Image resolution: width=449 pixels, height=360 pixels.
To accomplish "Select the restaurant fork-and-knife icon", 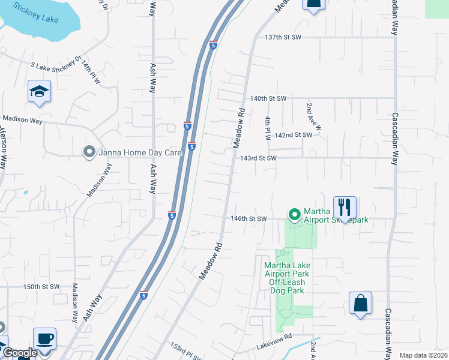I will [345, 208].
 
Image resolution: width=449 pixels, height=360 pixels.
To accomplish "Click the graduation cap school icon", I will [39, 92].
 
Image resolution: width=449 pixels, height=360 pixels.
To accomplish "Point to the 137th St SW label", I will [283, 37].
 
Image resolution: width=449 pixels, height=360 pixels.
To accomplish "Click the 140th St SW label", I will [269, 98].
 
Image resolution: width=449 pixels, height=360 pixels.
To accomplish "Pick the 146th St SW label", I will [248, 219].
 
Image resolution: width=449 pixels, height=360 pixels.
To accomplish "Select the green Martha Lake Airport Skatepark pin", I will [294, 214].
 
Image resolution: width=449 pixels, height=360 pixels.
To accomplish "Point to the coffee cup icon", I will [44, 338].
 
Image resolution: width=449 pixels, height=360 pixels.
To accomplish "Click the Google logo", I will [20, 354].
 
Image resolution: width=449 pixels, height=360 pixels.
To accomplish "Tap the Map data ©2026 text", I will [423, 355].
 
